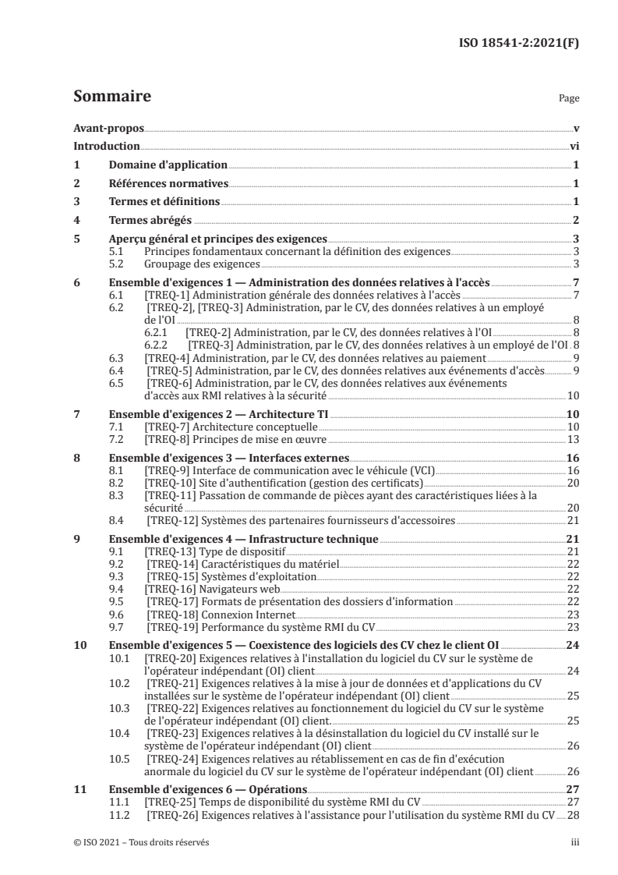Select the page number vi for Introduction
coord(573,147)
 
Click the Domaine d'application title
coord(167,165)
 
